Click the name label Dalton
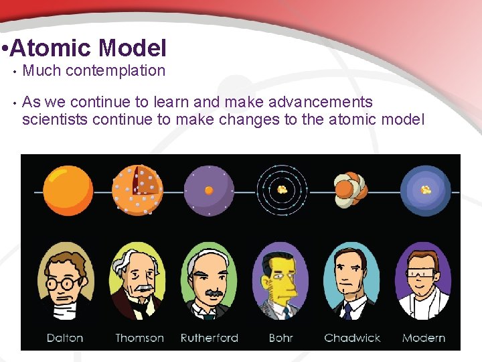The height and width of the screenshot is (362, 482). [65, 337]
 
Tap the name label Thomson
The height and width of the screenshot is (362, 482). [139, 337]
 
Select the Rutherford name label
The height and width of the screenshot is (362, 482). [210, 337]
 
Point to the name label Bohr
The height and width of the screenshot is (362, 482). [280, 337]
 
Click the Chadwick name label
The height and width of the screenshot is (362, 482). [352, 337]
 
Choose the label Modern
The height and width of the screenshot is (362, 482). [424, 337]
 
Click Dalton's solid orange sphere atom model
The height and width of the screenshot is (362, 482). [68, 190]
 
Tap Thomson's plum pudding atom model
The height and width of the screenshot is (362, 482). [137, 190]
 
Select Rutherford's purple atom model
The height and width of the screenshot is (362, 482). [209, 190]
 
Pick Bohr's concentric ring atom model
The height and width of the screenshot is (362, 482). [283, 190]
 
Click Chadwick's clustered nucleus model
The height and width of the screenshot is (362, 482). [351, 190]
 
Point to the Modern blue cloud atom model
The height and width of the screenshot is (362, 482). [425, 190]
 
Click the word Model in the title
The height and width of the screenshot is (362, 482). [132, 48]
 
